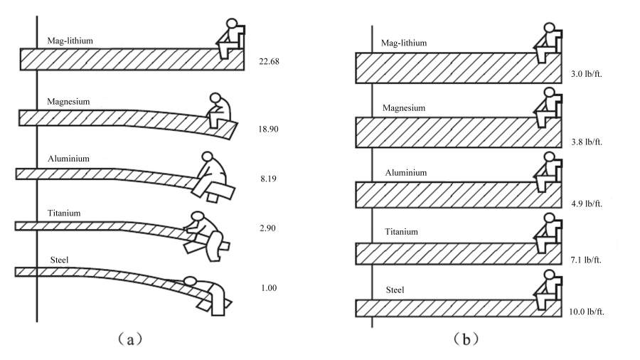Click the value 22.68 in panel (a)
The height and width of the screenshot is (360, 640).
tap(269, 62)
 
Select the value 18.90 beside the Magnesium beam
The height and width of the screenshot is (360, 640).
tap(268, 129)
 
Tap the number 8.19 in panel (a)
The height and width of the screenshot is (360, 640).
tap(268, 179)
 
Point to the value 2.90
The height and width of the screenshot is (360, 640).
tap(267, 228)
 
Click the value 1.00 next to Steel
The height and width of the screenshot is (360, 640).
tap(269, 288)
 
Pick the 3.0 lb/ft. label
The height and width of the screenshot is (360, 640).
tap(587, 74)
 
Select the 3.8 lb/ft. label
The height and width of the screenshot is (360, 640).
tap(587, 142)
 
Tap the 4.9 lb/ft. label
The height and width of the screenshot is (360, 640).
tap(587, 203)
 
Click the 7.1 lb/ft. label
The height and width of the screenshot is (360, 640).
tap(586, 260)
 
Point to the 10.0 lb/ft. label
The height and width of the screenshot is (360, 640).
tap(587, 312)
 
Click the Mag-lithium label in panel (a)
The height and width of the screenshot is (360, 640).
tap(70, 41)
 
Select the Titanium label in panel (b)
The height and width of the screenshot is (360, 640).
tap(402, 232)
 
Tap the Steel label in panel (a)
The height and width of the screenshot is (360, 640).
tap(60, 260)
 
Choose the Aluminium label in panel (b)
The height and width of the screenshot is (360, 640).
tap(406, 173)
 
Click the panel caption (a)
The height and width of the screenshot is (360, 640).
tap(130, 339)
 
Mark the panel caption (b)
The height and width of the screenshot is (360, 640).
tap(466, 339)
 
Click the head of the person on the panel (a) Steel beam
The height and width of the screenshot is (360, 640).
tap(190, 281)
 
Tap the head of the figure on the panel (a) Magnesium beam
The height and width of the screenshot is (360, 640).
tap(215, 98)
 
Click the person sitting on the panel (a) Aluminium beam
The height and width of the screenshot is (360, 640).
tap(210, 175)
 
